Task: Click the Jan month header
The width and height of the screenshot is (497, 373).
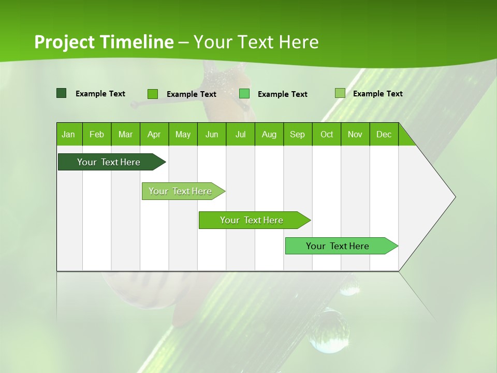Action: [x=68, y=134]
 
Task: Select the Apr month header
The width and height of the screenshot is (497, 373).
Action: [x=154, y=134]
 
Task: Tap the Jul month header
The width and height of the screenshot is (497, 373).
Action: [x=240, y=134]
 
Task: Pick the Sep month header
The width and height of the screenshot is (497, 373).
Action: [x=297, y=134]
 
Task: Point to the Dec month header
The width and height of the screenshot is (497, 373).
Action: [x=384, y=134]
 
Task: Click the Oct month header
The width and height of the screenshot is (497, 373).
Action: [x=327, y=134]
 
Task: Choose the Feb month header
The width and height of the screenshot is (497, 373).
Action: [x=97, y=134]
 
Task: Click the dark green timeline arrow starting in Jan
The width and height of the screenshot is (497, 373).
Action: [x=109, y=162]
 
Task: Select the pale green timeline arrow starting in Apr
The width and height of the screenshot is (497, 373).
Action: [x=180, y=191]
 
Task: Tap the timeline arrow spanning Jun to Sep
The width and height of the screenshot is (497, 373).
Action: [x=252, y=220]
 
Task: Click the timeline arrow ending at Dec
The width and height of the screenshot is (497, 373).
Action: [x=338, y=246]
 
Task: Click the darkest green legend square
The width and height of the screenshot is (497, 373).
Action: [x=61, y=93]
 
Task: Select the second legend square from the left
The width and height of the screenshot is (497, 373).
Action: [x=152, y=94]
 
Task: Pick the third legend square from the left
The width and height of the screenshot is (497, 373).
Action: [x=244, y=94]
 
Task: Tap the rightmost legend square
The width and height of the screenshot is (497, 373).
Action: [x=340, y=93]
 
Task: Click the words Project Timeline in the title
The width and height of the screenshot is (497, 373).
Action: [x=104, y=42]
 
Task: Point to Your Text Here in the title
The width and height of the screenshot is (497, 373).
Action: [x=256, y=42]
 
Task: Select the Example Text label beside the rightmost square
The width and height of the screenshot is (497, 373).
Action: [x=377, y=94]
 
